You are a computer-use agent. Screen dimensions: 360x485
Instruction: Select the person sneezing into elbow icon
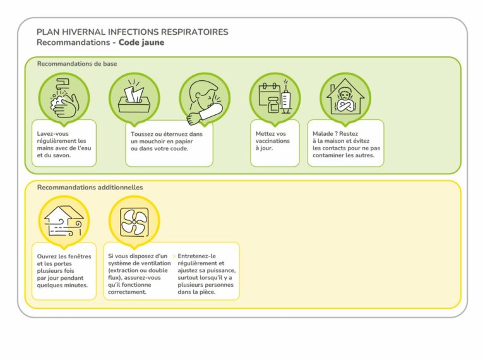coord(204,99)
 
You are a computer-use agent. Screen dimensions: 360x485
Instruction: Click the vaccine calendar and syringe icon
coord(275,99)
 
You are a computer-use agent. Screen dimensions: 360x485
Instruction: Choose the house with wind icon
coord(64,221)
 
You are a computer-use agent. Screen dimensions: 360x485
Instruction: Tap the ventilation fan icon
coord(134,221)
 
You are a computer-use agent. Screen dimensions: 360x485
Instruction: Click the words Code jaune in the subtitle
coord(141,42)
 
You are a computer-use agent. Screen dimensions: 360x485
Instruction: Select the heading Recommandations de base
coord(77,64)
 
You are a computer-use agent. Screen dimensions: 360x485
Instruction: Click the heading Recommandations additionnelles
coord(90,188)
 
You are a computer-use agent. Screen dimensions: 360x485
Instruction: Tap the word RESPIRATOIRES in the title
coord(195,32)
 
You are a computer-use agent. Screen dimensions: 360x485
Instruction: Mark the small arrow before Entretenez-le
coord(174,256)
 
